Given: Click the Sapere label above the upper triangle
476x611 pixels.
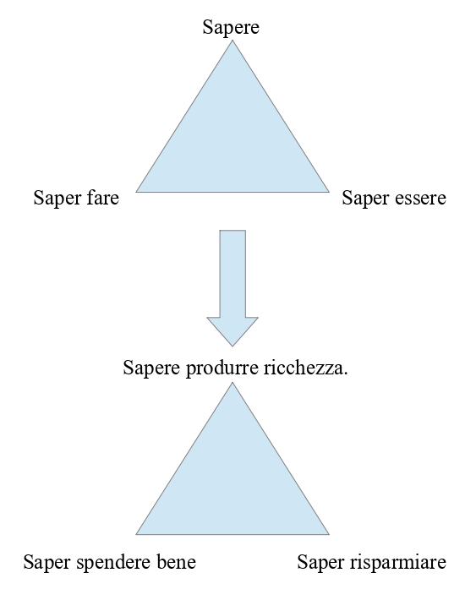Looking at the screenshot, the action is [x=231, y=28].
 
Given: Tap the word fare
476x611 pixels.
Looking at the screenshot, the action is [x=102, y=197].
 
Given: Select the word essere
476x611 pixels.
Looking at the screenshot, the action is [x=420, y=198].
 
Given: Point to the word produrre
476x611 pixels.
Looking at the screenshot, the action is [x=222, y=368].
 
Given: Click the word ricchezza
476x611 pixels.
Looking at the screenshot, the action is [x=303, y=368].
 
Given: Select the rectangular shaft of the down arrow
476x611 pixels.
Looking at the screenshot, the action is [x=233, y=274].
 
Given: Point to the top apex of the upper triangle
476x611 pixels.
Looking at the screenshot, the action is [x=233, y=41].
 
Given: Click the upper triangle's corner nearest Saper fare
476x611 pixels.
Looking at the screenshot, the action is [x=136, y=192].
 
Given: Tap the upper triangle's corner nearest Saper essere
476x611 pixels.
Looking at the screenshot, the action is [x=330, y=192].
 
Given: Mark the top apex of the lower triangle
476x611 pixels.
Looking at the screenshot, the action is [x=233, y=382].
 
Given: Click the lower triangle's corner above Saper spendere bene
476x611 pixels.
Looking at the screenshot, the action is [x=136, y=534].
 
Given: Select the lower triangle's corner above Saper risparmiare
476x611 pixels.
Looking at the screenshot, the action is [x=330, y=534].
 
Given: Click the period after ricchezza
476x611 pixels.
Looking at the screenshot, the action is [x=346, y=374].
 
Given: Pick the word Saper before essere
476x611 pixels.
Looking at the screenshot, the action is [x=366, y=198].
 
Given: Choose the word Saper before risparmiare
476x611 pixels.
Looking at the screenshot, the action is [x=321, y=563].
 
